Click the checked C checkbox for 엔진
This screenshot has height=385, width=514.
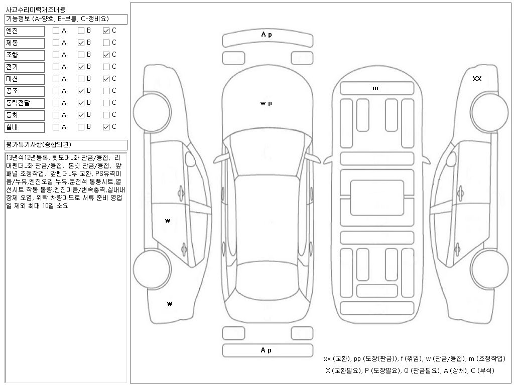tap(106, 31)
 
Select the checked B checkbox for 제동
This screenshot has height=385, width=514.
tap(81, 43)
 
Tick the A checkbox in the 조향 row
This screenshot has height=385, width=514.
tap(56, 55)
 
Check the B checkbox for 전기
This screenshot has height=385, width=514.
tap(81, 67)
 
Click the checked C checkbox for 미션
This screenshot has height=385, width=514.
tap(106, 79)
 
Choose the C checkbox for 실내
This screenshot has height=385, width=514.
tap(106, 127)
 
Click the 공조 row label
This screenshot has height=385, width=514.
tap(25, 91)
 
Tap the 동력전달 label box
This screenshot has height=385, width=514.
tap(25, 103)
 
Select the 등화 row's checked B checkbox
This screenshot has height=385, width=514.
tap(81, 115)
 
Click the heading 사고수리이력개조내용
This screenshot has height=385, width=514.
tap(35, 10)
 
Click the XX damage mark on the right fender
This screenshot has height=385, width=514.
tap(477, 79)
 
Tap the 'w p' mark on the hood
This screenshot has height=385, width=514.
tap(266, 104)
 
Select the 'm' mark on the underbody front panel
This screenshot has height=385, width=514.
tap(375, 88)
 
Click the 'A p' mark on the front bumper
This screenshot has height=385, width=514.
tap(267, 35)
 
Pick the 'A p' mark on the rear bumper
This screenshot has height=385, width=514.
tap(267, 350)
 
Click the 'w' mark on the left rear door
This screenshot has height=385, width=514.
tap(168, 221)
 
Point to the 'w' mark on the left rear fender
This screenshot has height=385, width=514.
tap(170, 304)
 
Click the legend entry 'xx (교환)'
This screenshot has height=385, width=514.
tap(339, 359)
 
